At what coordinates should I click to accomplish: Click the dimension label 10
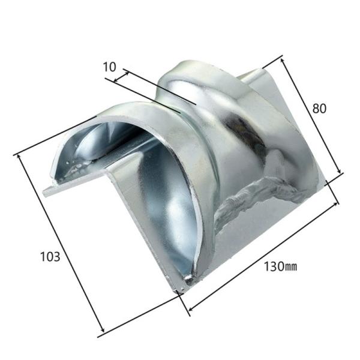click(x=110, y=67)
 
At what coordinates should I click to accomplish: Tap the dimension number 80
click(x=319, y=109)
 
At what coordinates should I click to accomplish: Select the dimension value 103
click(x=50, y=256)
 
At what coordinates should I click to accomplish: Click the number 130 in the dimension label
click(x=274, y=266)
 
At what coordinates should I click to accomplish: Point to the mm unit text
click(x=291, y=267)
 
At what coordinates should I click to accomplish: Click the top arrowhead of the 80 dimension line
click(x=283, y=61)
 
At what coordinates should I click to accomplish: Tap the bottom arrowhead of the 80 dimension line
click(x=339, y=170)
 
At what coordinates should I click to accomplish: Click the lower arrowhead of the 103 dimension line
click(x=102, y=329)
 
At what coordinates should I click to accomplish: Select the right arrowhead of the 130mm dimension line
click(x=335, y=205)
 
